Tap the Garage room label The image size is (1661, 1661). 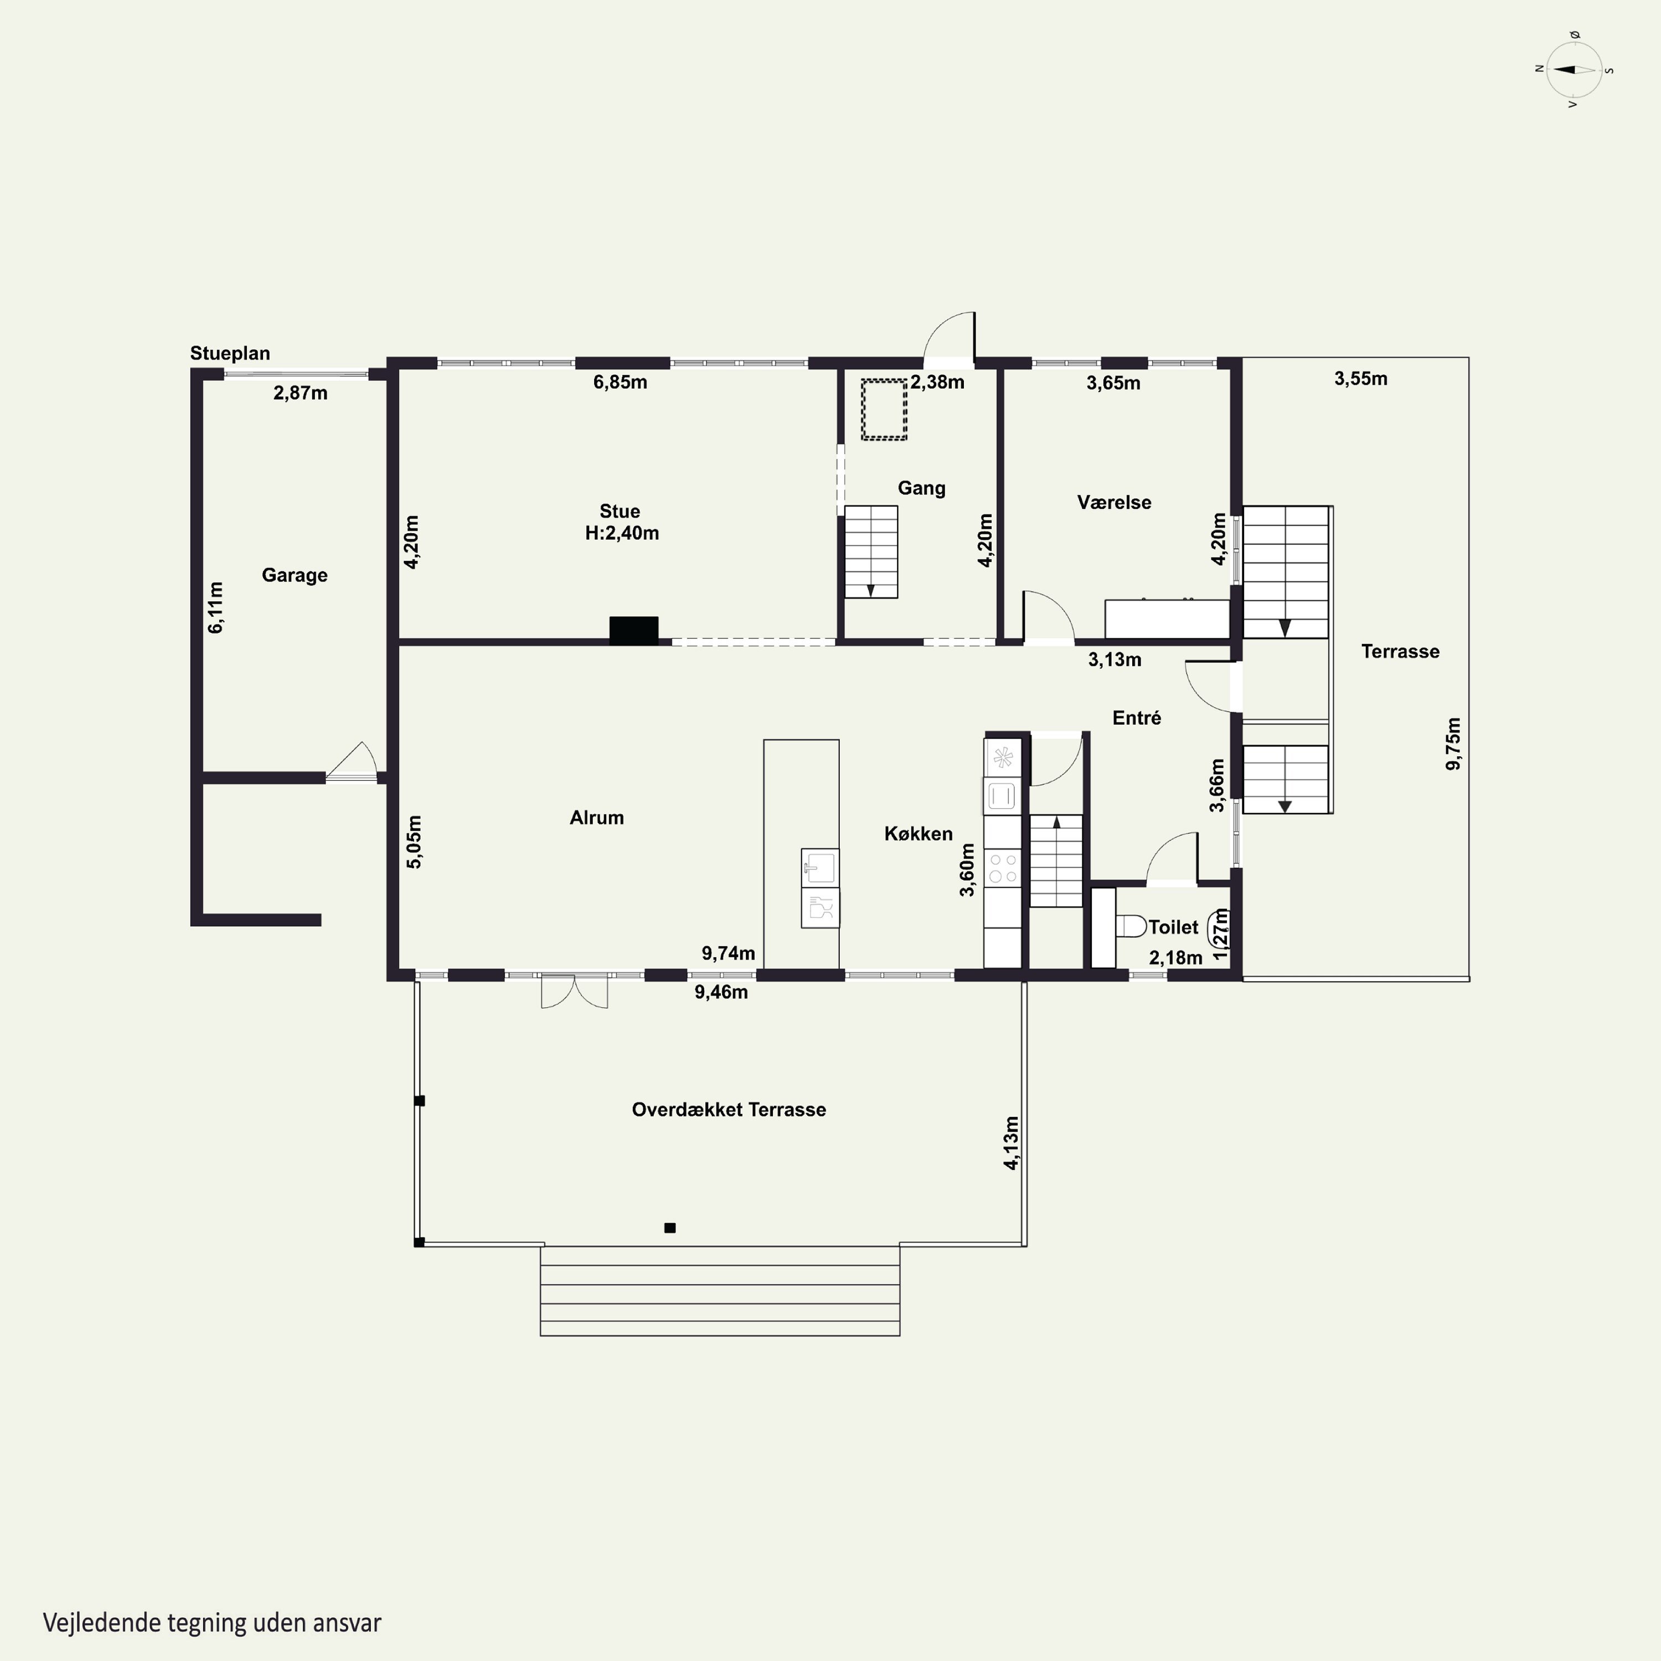click(295, 575)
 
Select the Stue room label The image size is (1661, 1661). click(620, 512)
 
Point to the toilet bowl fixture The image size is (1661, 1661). click(1131, 925)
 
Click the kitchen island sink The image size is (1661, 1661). click(820, 868)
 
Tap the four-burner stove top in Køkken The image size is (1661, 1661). click(1003, 866)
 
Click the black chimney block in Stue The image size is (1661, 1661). click(633, 630)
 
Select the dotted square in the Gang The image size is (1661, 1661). click(884, 409)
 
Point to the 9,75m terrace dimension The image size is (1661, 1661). click(1453, 744)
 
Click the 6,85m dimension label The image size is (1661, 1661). click(620, 381)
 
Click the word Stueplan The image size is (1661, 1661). click(230, 353)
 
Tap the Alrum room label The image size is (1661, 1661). click(597, 818)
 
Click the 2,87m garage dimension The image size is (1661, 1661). click(300, 393)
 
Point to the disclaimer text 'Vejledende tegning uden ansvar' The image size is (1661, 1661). click(212, 1623)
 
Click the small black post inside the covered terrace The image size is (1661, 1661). click(670, 1227)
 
